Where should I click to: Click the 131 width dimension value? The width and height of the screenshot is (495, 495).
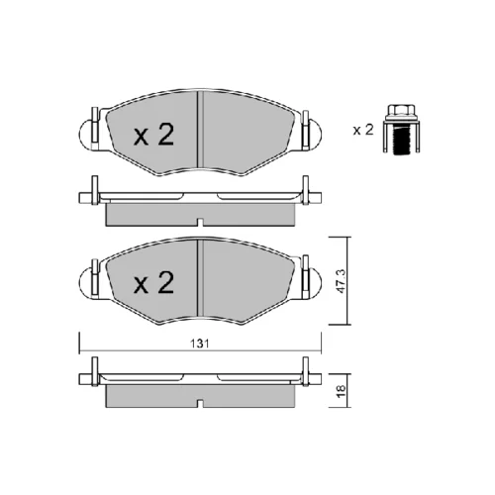(x=200, y=344)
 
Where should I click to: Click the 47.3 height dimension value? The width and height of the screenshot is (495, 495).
(x=342, y=281)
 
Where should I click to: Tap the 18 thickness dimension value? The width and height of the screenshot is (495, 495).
(x=342, y=391)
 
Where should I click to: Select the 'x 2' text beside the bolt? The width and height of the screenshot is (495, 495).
(x=363, y=130)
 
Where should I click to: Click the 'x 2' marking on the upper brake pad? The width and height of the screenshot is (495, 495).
(x=153, y=135)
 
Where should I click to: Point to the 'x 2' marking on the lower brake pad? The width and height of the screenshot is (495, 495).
(x=153, y=283)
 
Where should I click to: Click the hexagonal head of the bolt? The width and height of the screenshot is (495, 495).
(x=401, y=111)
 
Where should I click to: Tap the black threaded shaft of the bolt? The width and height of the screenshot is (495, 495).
(x=401, y=141)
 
